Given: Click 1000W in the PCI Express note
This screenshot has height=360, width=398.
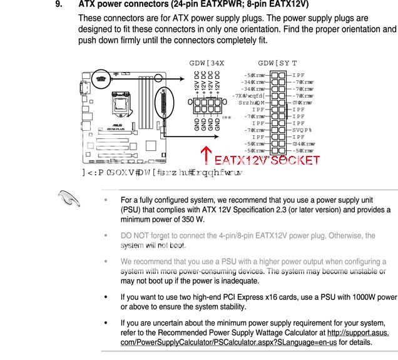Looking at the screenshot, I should (x=355, y=296).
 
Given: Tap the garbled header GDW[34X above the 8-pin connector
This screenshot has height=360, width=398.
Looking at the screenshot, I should (x=207, y=64).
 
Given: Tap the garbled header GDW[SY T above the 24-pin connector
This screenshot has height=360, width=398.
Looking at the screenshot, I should (x=277, y=64).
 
